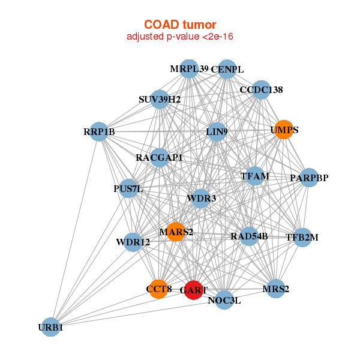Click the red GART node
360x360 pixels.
(x=193, y=290)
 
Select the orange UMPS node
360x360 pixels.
(x=282, y=130)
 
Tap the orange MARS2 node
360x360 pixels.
(x=175, y=232)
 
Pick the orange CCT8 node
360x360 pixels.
(x=158, y=289)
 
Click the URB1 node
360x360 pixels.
(x=51, y=327)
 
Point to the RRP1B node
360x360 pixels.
(x=99, y=131)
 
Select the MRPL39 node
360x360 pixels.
(x=189, y=69)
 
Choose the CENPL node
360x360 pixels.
(x=227, y=70)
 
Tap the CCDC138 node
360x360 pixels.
(x=261, y=90)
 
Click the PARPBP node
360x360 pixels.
(x=308, y=178)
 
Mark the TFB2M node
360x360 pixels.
(x=302, y=237)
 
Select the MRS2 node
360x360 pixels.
(x=275, y=289)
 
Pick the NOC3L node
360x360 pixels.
(x=224, y=300)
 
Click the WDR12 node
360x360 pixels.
(x=133, y=242)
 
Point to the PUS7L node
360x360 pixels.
(x=128, y=189)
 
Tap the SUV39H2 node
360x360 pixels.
(x=160, y=99)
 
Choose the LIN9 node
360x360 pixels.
(x=216, y=131)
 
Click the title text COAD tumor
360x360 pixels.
(x=180, y=25)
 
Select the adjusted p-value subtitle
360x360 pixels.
(x=180, y=37)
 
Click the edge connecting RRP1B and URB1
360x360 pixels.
(x=75, y=229)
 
